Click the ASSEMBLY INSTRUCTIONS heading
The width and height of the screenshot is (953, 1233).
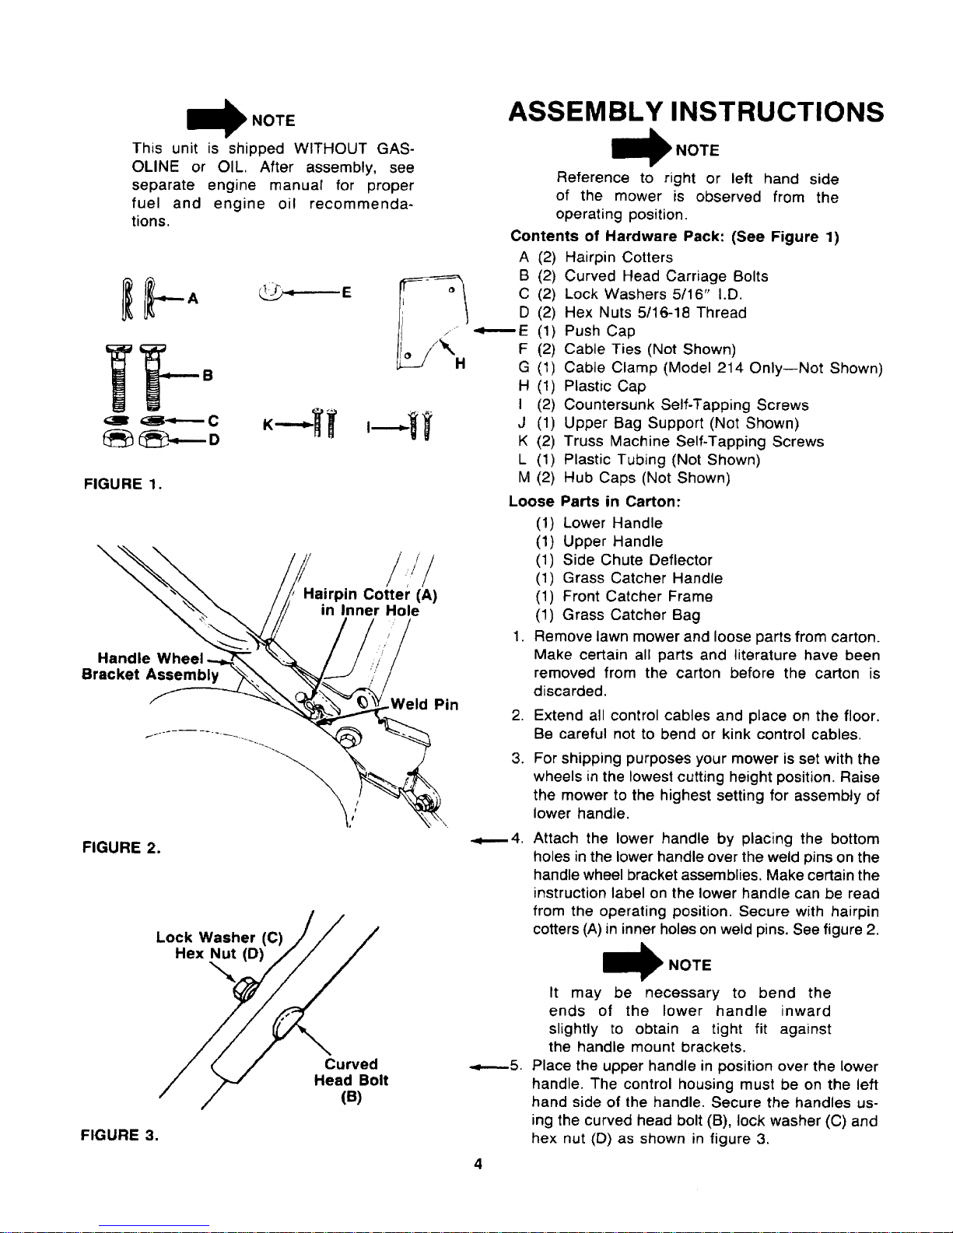[x=695, y=112]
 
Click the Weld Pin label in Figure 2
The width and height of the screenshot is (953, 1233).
[x=424, y=705]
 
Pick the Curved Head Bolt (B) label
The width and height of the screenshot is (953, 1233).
[x=351, y=1081]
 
